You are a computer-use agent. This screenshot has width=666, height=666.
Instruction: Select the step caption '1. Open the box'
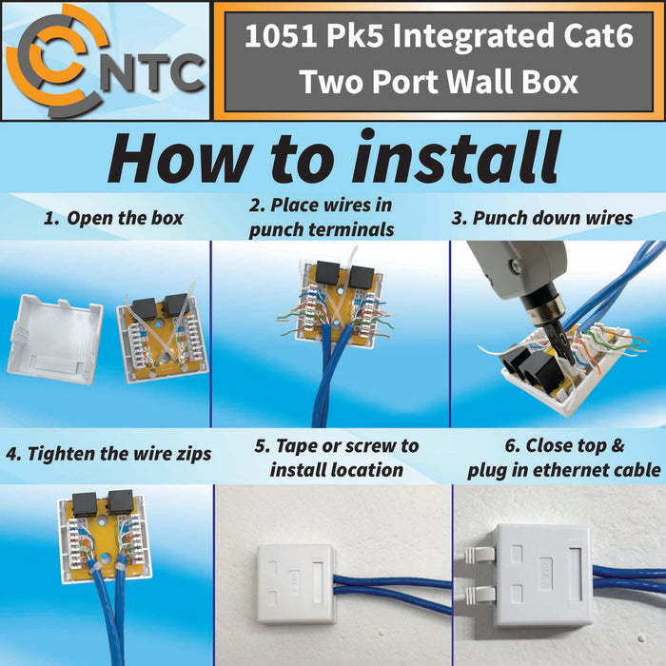pyautogui.click(x=113, y=219)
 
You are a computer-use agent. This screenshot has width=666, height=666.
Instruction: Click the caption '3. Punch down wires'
pyautogui.click(x=541, y=218)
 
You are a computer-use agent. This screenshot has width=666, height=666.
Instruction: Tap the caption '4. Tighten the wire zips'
pyautogui.click(x=108, y=454)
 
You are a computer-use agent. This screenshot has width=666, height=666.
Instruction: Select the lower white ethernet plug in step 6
pyautogui.click(x=478, y=594)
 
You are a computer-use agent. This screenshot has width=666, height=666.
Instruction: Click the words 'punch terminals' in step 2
pyautogui.click(x=322, y=229)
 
